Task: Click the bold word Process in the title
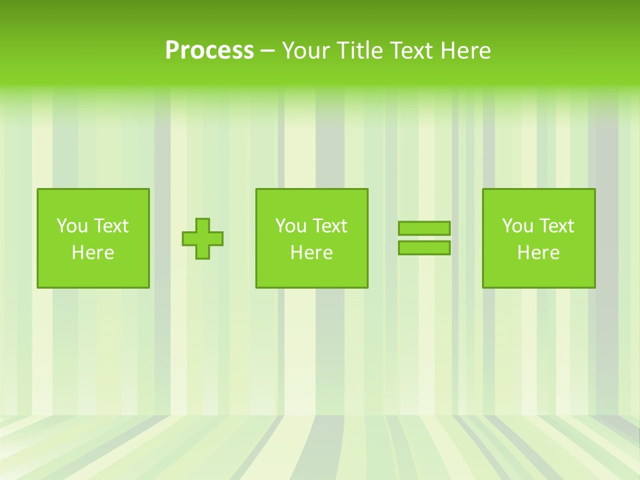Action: [x=209, y=51]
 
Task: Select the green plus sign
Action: [x=203, y=239]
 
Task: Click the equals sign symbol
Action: [x=424, y=238]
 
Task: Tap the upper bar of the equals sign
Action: [x=424, y=228]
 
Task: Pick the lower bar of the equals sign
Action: [x=424, y=248]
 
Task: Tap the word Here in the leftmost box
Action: [x=93, y=253]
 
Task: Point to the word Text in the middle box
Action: [x=330, y=226]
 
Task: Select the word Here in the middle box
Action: [x=311, y=253]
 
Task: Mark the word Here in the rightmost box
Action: [x=539, y=253]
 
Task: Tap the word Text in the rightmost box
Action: [x=557, y=226]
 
